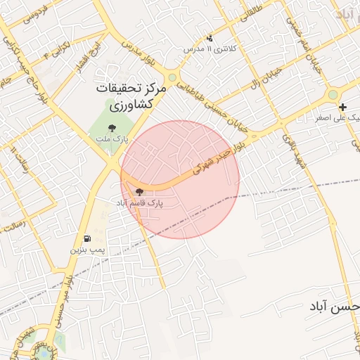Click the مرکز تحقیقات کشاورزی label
[132, 97]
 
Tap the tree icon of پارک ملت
[112, 128]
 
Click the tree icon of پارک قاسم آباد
[139, 191]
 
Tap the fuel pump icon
[86, 238]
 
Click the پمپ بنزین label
[87, 250]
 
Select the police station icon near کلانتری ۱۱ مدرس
[209, 38]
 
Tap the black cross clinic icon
[342, 108]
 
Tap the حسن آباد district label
[333, 307]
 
